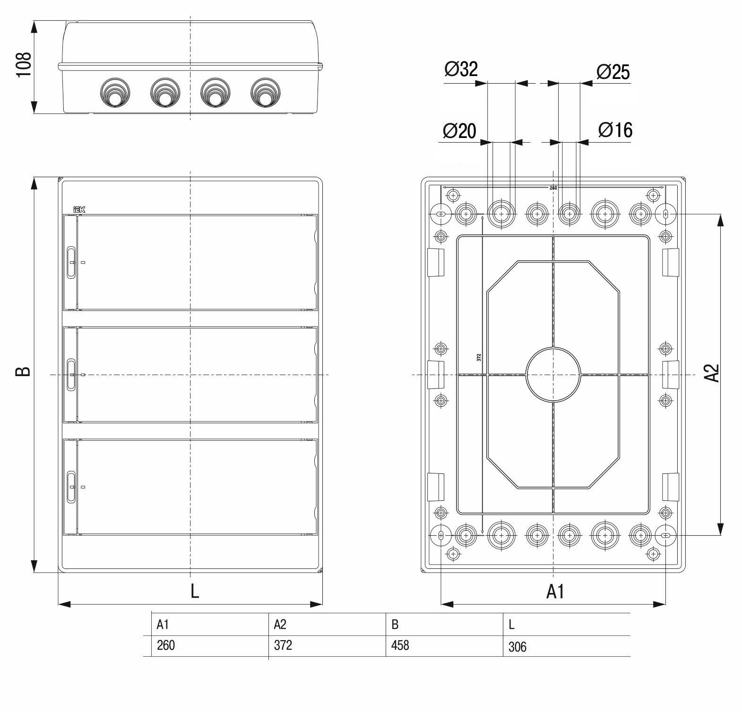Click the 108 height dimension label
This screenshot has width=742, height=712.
(24, 65)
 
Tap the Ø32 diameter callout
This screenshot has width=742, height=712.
(461, 69)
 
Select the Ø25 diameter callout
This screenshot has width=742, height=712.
(613, 72)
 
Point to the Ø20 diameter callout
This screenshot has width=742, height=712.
(459, 130)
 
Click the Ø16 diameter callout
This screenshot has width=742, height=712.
(615, 129)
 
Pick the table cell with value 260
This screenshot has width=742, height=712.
(166, 645)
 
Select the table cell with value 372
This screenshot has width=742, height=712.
(283, 645)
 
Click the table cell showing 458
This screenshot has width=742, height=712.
(400, 645)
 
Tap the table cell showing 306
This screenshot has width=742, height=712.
(518, 647)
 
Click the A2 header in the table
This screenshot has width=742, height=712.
(280, 625)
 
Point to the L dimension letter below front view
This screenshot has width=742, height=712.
(194, 591)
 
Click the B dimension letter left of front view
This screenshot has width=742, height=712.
(24, 371)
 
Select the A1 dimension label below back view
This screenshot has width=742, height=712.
(555, 591)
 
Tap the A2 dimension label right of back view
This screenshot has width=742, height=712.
(712, 372)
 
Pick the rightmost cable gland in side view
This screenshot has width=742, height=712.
(264, 92)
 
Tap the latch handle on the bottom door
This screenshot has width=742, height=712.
(71, 486)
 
